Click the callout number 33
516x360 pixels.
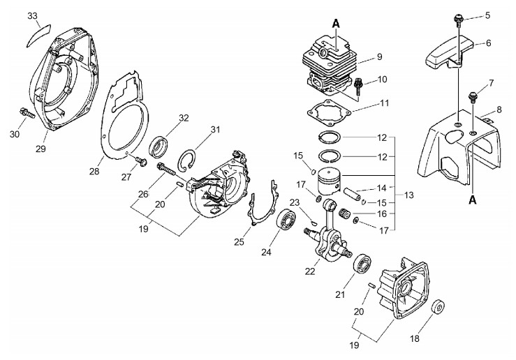pyautogui.click(x=32, y=16)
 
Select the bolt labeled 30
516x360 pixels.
pyautogui.click(x=27, y=112)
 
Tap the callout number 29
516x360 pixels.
pyautogui.click(x=40, y=149)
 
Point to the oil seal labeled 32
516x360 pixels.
pyautogui.click(x=159, y=147)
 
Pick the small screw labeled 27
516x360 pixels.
pyautogui.click(x=141, y=161)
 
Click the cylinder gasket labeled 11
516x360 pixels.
pyautogui.click(x=329, y=113)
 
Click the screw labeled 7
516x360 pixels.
pyautogui.click(x=473, y=98)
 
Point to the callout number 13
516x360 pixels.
pyautogui.click(x=408, y=195)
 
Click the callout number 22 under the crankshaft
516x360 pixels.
pyautogui.click(x=310, y=271)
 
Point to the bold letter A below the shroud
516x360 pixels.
pyautogui.click(x=473, y=199)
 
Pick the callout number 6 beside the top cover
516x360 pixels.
pyautogui.click(x=488, y=43)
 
